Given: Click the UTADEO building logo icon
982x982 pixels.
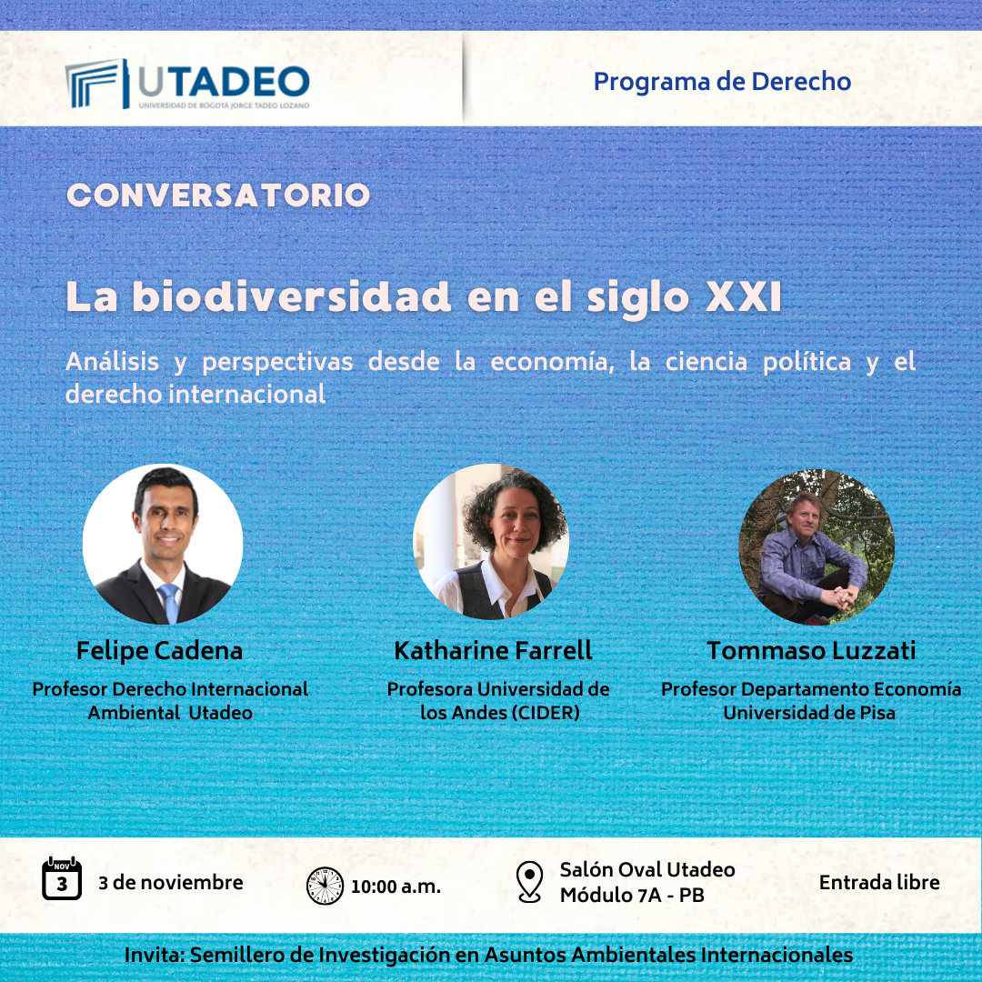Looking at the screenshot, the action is [97, 84].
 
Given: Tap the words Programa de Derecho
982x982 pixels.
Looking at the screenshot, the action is [722, 82].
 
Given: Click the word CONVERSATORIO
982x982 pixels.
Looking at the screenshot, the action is [218, 195].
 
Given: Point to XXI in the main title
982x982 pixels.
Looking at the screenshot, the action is [744, 296].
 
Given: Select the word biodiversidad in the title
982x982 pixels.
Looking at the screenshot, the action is [291, 296].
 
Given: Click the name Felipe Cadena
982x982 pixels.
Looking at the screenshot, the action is [159, 651].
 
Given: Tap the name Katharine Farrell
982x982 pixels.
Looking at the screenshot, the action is [493, 651].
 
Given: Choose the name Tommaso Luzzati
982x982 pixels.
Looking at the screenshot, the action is [811, 651].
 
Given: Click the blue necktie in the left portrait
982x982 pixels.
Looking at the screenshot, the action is [169, 602].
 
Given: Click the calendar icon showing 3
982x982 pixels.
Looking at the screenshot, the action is [62, 878].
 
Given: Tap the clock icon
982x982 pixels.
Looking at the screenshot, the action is [325, 886].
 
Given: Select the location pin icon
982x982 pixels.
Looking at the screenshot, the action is [529, 882].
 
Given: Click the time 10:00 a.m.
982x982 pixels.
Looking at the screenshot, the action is [396, 887].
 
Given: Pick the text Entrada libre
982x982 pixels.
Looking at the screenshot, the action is [879, 882].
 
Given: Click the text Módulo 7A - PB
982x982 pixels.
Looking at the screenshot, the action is [632, 896].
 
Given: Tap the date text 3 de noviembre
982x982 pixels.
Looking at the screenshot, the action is [170, 882].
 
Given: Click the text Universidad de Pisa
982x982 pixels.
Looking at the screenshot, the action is [809, 713].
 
